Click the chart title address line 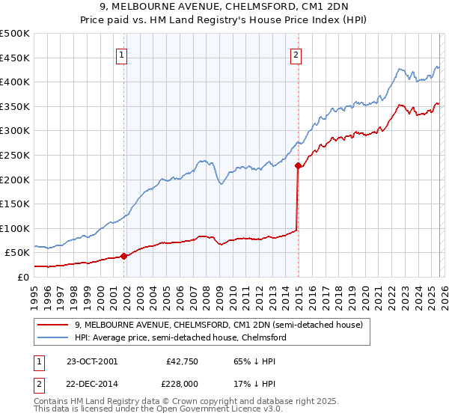point(224,7)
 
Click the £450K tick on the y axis point(15,58)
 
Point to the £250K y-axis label point(15,155)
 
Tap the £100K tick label point(15,228)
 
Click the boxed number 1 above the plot point(121,54)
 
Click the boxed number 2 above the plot point(296,54)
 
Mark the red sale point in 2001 point(124,256)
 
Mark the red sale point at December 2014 point(298,166)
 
